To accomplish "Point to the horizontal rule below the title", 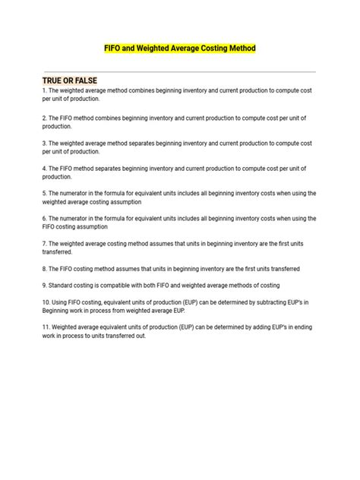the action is pos(179,71).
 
